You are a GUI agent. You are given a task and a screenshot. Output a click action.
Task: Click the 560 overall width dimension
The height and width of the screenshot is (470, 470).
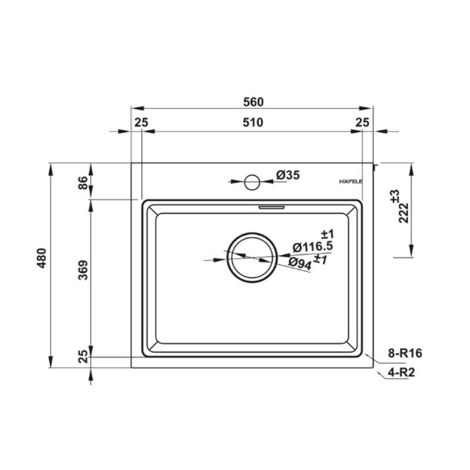pos(253,102)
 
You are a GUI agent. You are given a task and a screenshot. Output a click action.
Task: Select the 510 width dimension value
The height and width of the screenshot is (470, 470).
pos(253,122)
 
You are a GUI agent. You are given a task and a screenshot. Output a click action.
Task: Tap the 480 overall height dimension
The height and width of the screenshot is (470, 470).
pos(42,258)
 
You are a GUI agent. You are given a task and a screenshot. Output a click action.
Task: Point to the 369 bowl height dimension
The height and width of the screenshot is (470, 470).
pos(83,270)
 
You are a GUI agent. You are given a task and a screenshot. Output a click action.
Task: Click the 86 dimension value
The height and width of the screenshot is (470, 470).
pos(83,183)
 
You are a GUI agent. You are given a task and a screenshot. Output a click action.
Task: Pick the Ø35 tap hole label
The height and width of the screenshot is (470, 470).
pos(288,174)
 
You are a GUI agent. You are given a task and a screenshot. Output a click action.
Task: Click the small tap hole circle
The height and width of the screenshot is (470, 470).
pos(252,182)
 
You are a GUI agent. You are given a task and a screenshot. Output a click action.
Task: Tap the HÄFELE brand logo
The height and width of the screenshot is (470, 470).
pos(351,182)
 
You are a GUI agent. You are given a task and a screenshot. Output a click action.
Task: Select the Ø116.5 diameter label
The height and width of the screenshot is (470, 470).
pos(313,247)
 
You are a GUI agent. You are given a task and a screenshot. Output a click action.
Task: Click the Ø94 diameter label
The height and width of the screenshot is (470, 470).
pos(300,264)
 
